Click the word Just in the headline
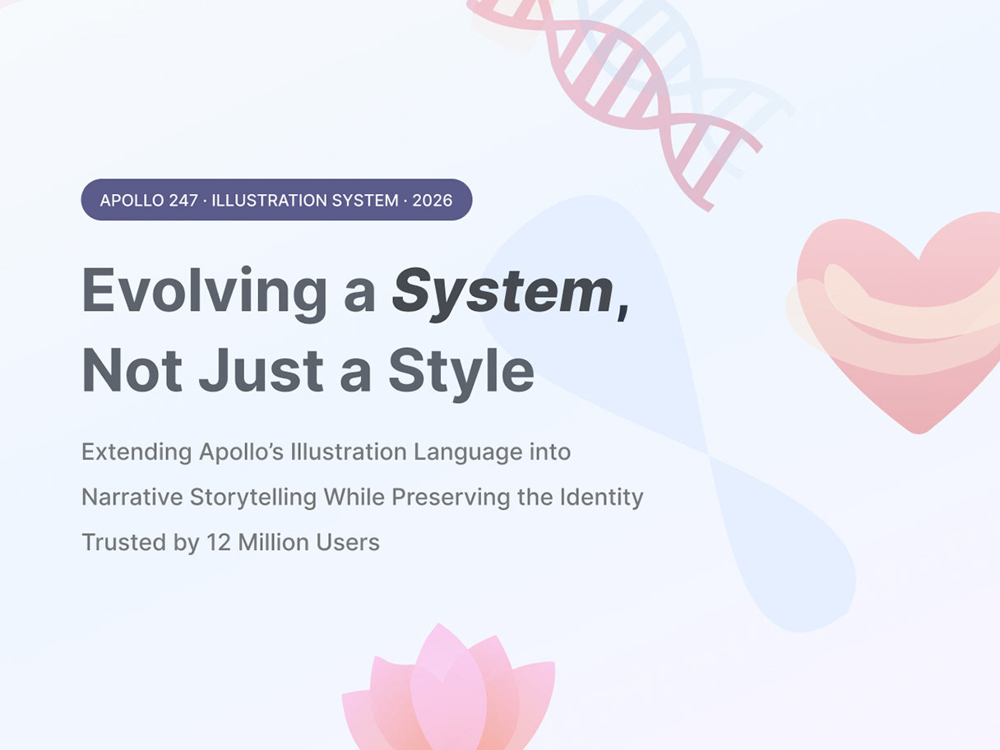pyautogui.click(x=261, y=369)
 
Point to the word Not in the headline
pyautogui.click(x=132, y=369)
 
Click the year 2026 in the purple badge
pyautogui.click(x=433, y=201)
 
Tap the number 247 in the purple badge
pyautogui.click(x=183, y=201)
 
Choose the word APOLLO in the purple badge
pyautogui.click(x=132, y=201)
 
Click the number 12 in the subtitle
pyautogui.click(x=219, y=542)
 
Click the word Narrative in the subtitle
pyautogui.click(x=132, y=497)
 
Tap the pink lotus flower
pyautogui.click(x=449, y=692)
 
